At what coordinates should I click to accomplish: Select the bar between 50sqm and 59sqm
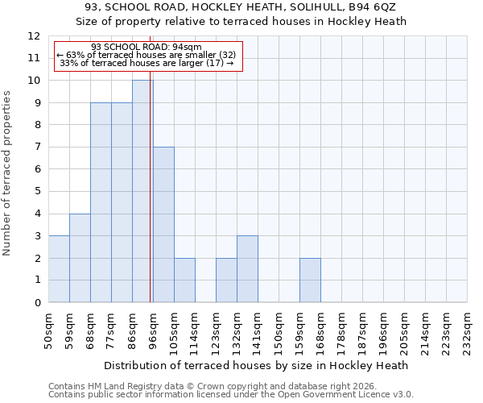tap(59, 269)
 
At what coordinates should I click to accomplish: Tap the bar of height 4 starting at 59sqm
tap(80, 258)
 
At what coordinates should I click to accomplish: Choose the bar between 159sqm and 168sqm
tap(310, 280)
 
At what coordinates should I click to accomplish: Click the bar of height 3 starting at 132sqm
tap(247, 269)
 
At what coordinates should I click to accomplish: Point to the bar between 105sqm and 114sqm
tap(184, 280)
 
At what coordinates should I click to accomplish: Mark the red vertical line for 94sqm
tap(151, 193)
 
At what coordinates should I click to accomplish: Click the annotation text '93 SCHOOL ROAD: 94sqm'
tap(147, 47)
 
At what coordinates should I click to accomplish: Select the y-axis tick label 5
tap(37, 192)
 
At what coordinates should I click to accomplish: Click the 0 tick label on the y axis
tap(37, 303)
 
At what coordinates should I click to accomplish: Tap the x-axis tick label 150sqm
tap(279, 330)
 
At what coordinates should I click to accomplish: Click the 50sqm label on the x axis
tap(48, 330)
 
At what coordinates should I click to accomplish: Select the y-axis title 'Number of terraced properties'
tap(8, 173)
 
